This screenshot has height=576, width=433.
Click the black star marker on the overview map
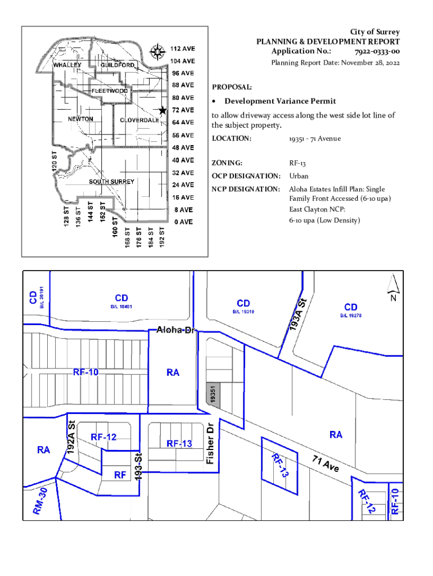pos(163,110)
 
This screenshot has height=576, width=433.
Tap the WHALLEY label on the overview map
pos(67,65)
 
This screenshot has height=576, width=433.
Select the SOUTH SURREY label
pos(111,182)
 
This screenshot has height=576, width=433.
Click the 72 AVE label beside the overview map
pos(183,110)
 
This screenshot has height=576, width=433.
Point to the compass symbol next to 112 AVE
pos(156,52)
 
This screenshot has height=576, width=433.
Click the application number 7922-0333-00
pos(377,52)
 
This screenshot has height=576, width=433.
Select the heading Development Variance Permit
pos(280,101)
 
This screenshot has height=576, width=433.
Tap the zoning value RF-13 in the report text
pos(297,163)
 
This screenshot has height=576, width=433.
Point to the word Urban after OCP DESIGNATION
pos(299,176)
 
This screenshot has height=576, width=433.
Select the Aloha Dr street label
pos(175,330)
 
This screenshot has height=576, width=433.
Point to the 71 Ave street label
pos(326,464)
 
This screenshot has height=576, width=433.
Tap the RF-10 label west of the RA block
pos(86,372)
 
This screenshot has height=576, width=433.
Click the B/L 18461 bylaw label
pos(120,307)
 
